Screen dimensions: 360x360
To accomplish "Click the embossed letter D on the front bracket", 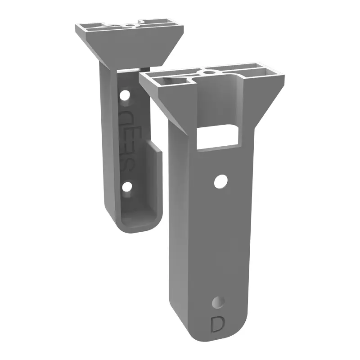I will (x=218, y=324).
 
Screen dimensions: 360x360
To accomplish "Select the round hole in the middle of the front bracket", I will (x=220, y=181).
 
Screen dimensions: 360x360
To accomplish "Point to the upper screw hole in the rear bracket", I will (x=125, y=95).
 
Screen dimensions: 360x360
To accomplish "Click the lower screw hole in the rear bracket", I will (x=128, y=185).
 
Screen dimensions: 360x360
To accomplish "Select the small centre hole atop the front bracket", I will (x=209, y=71).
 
